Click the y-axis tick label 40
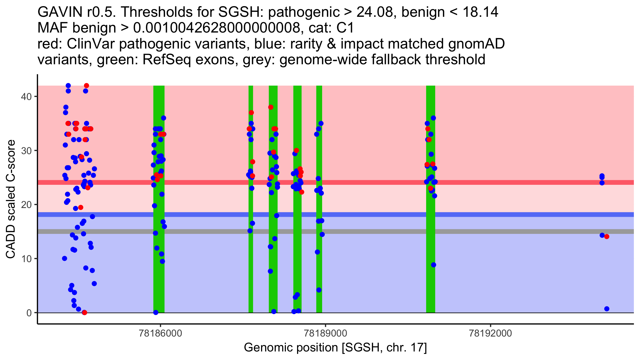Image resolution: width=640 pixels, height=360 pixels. [26, 96]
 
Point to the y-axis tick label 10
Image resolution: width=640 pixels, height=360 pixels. [26, 259]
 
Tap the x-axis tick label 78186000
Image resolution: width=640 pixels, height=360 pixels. [161, 333]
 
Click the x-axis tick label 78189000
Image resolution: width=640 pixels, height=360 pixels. [326, 333]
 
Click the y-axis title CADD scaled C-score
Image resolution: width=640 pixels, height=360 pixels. [11, 199]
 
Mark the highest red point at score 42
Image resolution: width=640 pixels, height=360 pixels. [86, 86]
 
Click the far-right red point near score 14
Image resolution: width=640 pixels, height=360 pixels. [607, 237]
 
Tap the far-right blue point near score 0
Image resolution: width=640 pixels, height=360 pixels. [607, 309]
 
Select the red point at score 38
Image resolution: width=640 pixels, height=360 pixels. [271, 107]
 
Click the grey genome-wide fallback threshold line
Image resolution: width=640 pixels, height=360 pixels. [336, 231]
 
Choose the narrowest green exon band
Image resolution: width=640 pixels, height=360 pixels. [251, 199]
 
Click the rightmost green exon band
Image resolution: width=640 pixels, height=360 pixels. [431, 199]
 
